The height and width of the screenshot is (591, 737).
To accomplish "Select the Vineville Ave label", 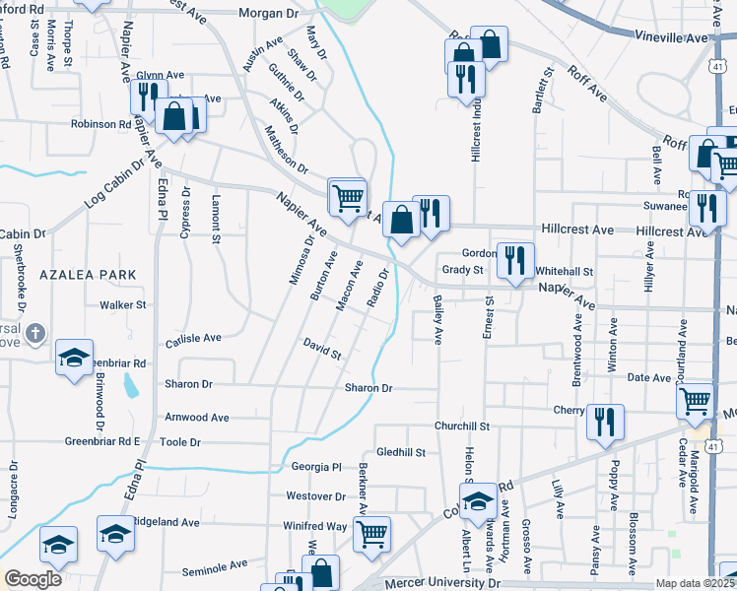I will pos(674,37).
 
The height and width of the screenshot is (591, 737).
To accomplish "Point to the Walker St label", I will pos(122,305).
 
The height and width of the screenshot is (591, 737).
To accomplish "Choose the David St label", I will pos(322,348).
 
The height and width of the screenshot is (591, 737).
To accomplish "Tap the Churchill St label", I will pos(462,426).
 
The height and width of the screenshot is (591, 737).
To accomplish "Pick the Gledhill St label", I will pos(400,452).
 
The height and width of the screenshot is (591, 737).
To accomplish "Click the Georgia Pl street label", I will pos(315,467).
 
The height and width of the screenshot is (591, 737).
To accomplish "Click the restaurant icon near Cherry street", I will pos(605,422).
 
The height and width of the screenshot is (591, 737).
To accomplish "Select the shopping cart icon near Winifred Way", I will pos(372,534).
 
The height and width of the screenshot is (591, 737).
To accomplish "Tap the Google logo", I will pos(33,579).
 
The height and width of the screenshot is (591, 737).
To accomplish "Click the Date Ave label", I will pos(648,378).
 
